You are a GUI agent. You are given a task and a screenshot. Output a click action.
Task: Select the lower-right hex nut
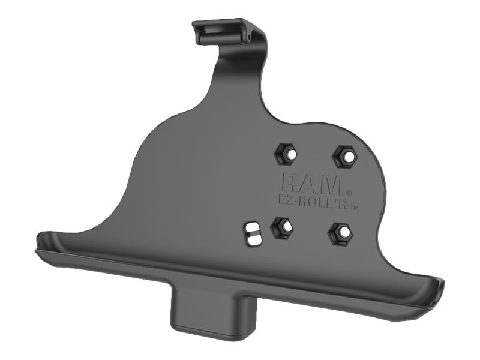pyautogui.click(x=340, y=233)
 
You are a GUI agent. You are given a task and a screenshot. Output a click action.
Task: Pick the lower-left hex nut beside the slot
pyautogui.click(x=283, y=227)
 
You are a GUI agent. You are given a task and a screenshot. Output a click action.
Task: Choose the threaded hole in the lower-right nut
pyautogui.click(x=340, y=233)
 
